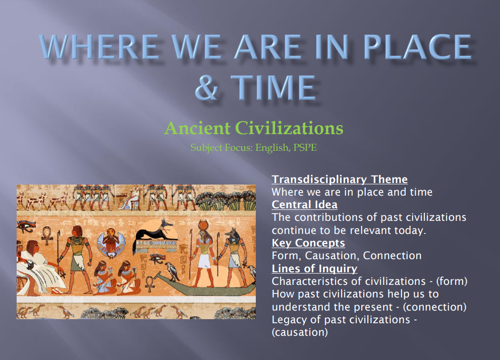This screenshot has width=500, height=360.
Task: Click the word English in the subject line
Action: [x=271, y=148]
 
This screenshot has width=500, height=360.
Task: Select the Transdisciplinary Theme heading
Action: [x=340, y=179]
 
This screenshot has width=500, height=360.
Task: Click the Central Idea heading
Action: [x=304, y=205]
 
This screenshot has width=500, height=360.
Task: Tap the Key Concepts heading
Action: [x=308, y=243]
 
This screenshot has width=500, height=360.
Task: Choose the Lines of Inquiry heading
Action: [x=314, y=268]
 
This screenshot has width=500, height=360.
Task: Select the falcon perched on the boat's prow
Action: [x=173, y=271]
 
